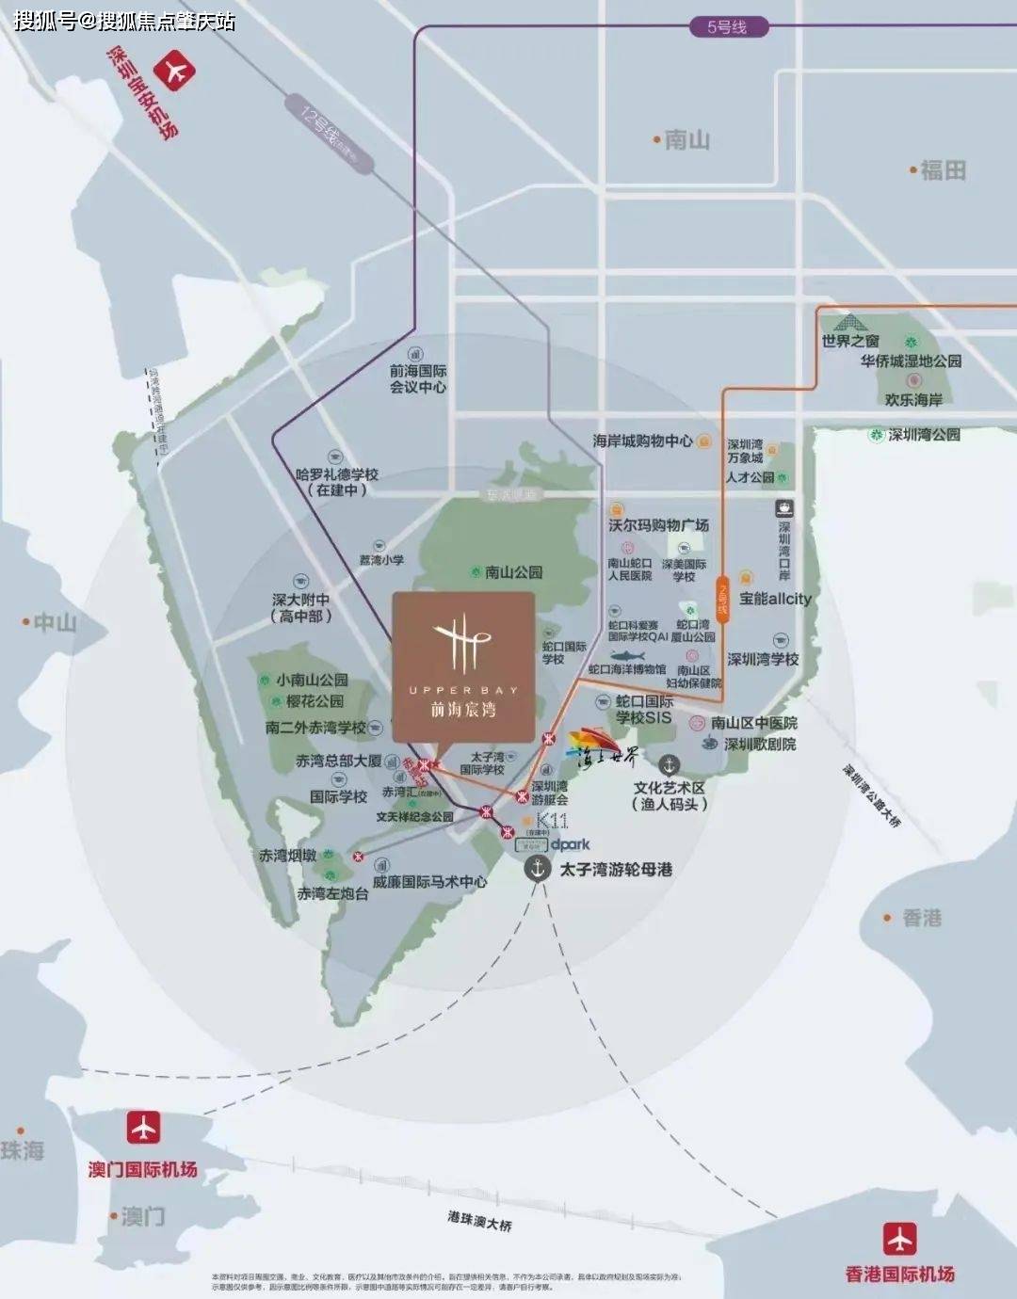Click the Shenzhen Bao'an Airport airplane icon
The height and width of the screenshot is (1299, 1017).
[175, 72]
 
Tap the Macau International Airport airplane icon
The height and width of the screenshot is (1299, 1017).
[143, 1127]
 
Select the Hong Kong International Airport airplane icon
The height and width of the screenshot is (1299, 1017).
[899, 1239]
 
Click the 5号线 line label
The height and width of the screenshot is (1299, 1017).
[727, 27]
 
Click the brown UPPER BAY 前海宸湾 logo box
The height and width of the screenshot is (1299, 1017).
[463, 666]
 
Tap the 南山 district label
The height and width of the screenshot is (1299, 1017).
[686, 140]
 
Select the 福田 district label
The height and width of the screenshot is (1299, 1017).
[941, 170]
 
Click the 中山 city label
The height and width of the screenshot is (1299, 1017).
[53, 622]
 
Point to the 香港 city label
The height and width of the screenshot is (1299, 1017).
[920, 918]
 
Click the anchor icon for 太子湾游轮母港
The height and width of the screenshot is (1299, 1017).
[538, 869]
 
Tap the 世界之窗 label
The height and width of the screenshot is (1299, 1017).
[850, 341]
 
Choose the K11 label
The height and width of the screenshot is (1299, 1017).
[551, 821]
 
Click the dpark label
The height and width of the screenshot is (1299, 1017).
[570, 845]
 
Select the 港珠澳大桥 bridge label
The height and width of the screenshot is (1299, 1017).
[479, 1221]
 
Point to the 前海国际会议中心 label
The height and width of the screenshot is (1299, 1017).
[418, 379]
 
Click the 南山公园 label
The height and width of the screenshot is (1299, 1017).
[513, 572]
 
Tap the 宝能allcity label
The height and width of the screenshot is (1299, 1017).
[775, 599]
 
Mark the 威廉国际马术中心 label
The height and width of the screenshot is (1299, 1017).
[429, 882]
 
